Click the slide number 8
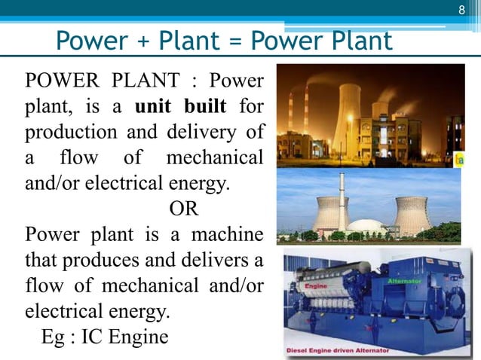tap(463, 10)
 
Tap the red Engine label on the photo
tap(314, 286)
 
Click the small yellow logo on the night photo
tap(459, 160)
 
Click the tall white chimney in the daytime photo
tap(342, 200)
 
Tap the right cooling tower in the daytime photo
tap(412, 215)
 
